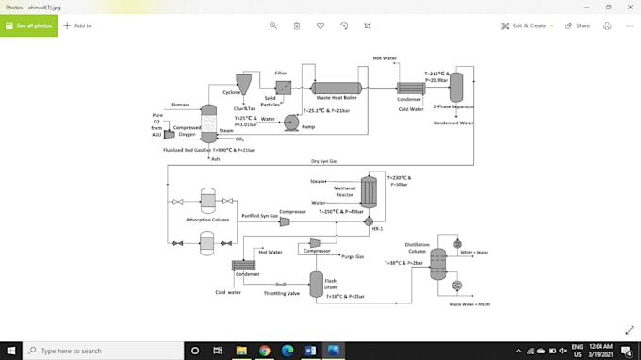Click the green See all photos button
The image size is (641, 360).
point(28,25)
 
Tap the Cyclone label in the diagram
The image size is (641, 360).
point(231,92)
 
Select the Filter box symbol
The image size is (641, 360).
point(282,88)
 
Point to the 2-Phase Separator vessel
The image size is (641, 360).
point(455,88)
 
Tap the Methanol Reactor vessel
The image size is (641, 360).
point(369,192)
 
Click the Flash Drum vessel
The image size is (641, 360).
point(317,282)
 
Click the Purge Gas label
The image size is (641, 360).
point(353,256)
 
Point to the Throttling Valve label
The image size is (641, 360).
point(280,293)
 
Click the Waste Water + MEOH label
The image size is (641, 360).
point(468,304)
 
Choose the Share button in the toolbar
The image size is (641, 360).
point(577,25)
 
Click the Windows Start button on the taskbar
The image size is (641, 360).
point(9,351)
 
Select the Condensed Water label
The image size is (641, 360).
point(452,123)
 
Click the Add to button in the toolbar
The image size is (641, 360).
point(77,25)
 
